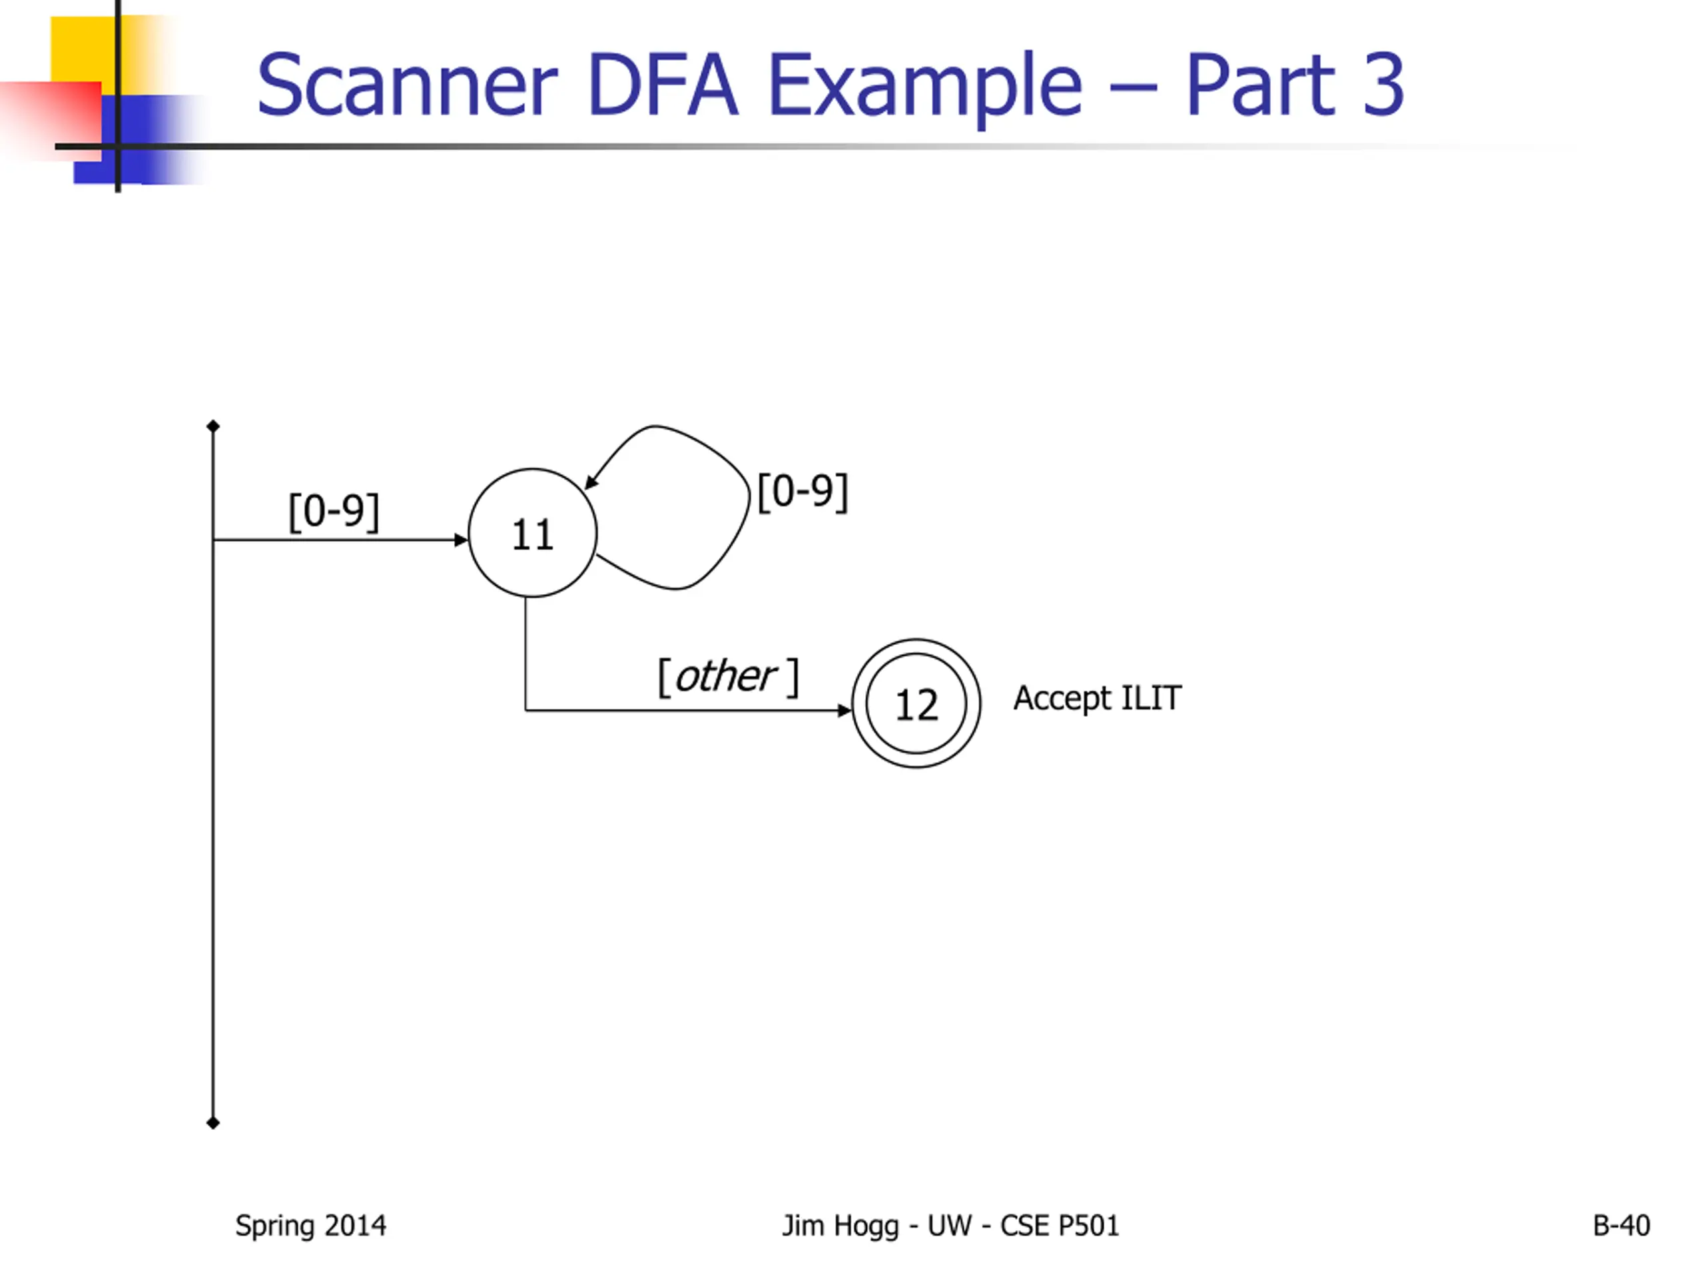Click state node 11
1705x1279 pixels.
click(x=532, y=533)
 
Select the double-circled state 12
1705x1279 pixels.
click(x=916, y=703)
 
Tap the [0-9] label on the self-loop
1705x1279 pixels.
click(x=803, y=492)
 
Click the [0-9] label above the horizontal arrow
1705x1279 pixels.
click(x=333, y=511)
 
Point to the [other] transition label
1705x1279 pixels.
click(x=728, y=677)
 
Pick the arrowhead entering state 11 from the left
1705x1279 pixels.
click(x=461, y=540)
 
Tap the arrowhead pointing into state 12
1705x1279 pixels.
click(x=844, y=710)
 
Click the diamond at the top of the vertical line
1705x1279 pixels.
click(x=214, y=426)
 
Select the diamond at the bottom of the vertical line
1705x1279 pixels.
click(x=214, y=1122)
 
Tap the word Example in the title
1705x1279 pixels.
click(x=925, y=87)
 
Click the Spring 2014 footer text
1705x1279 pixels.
click(x=310, y=1226)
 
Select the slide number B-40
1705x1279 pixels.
click(x=1621, y=1226)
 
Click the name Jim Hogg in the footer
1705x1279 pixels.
click(x=840, y=1226)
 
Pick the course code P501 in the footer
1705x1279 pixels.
click(x=1088, y=1226)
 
